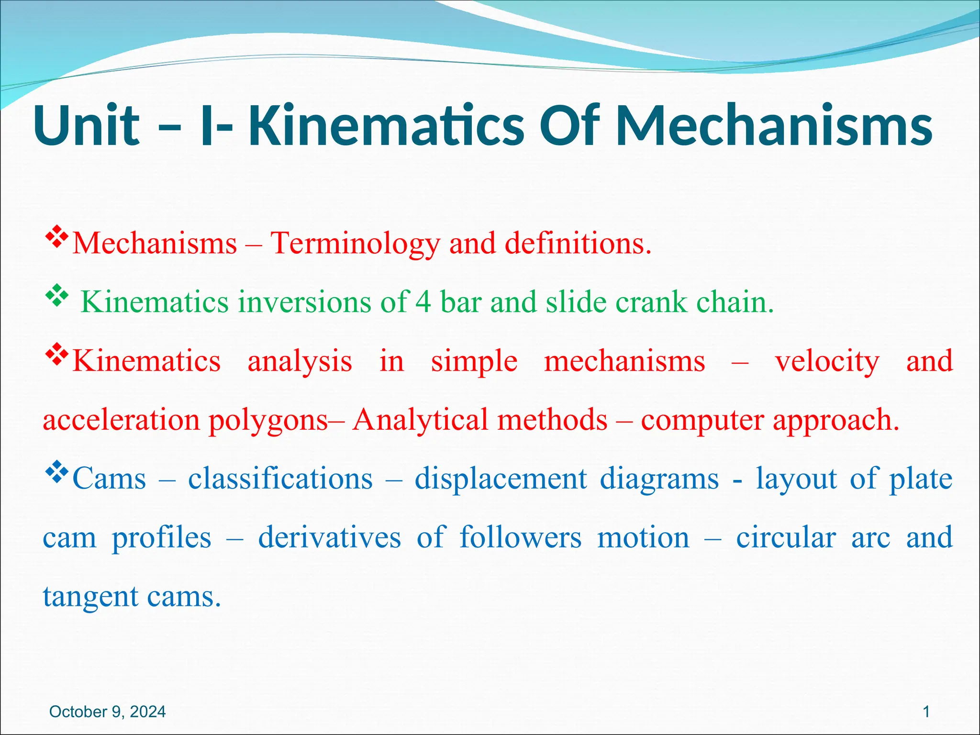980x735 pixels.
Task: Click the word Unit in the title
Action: [87, 125]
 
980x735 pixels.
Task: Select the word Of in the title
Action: [569, 125]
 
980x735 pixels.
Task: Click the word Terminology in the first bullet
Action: [355, 244]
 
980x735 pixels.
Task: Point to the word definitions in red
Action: [578, 244]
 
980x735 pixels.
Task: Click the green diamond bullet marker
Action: [56, 296]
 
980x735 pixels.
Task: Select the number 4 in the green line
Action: [423, 302]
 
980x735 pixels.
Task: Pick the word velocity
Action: [827, 361]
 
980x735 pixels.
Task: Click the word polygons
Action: [268, 420]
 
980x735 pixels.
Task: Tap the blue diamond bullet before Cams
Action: [56, 472]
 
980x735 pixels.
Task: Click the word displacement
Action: [501, 479]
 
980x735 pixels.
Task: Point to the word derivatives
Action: [329, 537]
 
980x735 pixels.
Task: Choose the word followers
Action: [520, 537]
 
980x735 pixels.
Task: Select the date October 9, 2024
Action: [108, 712]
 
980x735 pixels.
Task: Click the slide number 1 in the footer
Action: [926, 712]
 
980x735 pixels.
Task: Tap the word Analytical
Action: [419, 420]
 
